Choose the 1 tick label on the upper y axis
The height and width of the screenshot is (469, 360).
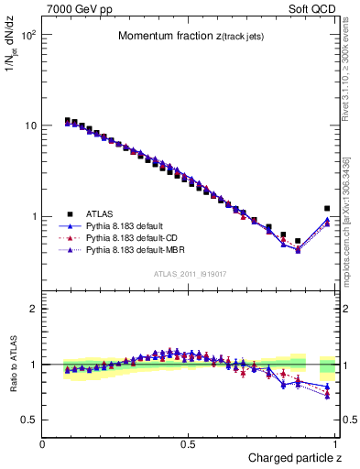pos(34,216)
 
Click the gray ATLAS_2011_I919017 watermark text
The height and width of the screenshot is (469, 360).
pos(190,274)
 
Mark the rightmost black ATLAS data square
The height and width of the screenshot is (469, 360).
pos(327,209)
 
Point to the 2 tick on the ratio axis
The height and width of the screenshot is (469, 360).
pos(34,309)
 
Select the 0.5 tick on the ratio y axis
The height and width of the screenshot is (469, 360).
pos(29,420)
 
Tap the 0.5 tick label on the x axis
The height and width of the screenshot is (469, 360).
pos(189,443)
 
